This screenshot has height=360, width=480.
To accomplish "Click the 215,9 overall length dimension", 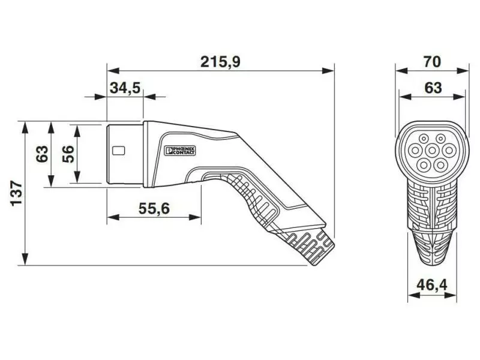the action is [220, 62].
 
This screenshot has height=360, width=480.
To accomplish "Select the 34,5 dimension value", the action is [125, 88].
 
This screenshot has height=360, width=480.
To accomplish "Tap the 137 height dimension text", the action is [16, 193].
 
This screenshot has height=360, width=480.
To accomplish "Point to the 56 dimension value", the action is [68, 154].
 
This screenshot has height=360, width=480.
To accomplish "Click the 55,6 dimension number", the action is [154, 209].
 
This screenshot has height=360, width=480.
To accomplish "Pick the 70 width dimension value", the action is [432, 62].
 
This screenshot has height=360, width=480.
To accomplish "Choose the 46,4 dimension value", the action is [431, 286].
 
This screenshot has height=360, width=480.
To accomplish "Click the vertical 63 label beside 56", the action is [42, 154].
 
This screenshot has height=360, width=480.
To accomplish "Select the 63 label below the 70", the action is [433, 88].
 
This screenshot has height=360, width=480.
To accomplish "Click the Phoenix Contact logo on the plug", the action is [180, 151].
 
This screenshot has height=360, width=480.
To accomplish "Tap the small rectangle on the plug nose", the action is [118, 151].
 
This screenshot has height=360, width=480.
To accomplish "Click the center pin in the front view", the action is [432, 151].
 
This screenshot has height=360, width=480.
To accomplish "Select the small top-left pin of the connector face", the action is [424, 139].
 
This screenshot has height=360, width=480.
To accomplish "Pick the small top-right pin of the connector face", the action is [440, 139].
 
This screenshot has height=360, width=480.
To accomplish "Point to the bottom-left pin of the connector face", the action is [424, 166].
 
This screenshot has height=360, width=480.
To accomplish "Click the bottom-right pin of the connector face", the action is [440, 166].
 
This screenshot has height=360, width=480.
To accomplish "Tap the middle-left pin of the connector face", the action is [415, 151].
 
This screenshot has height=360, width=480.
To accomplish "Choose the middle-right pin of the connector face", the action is [449, 151].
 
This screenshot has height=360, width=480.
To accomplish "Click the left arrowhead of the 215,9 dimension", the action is [113, 71].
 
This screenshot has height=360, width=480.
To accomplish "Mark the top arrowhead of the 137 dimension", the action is [25, 127].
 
